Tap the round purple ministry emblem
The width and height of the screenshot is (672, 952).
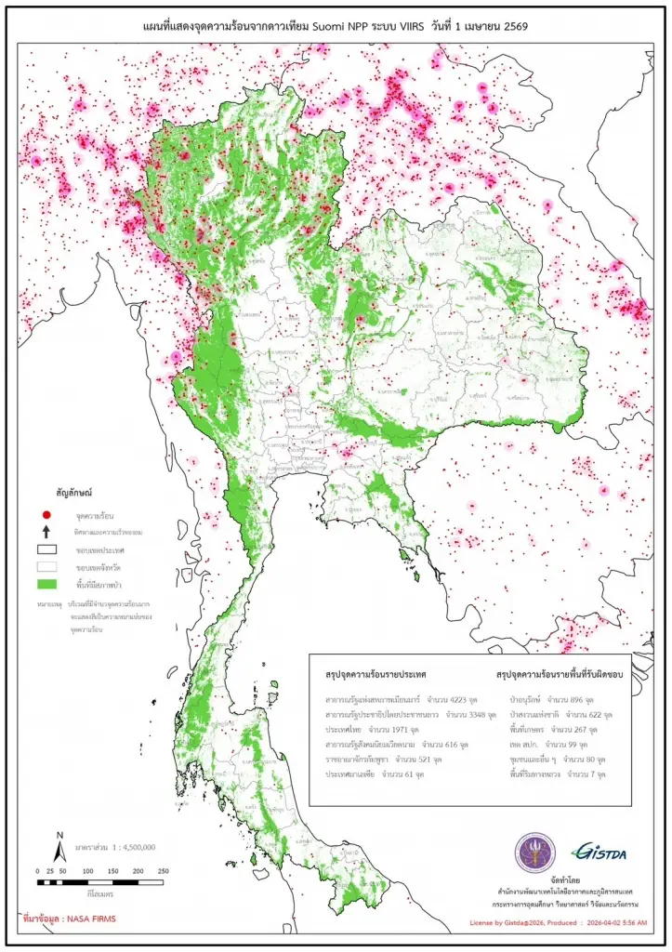click(535, 852)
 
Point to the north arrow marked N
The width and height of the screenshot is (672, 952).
click(59, 847)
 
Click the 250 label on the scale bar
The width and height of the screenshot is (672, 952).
click(163, 871)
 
